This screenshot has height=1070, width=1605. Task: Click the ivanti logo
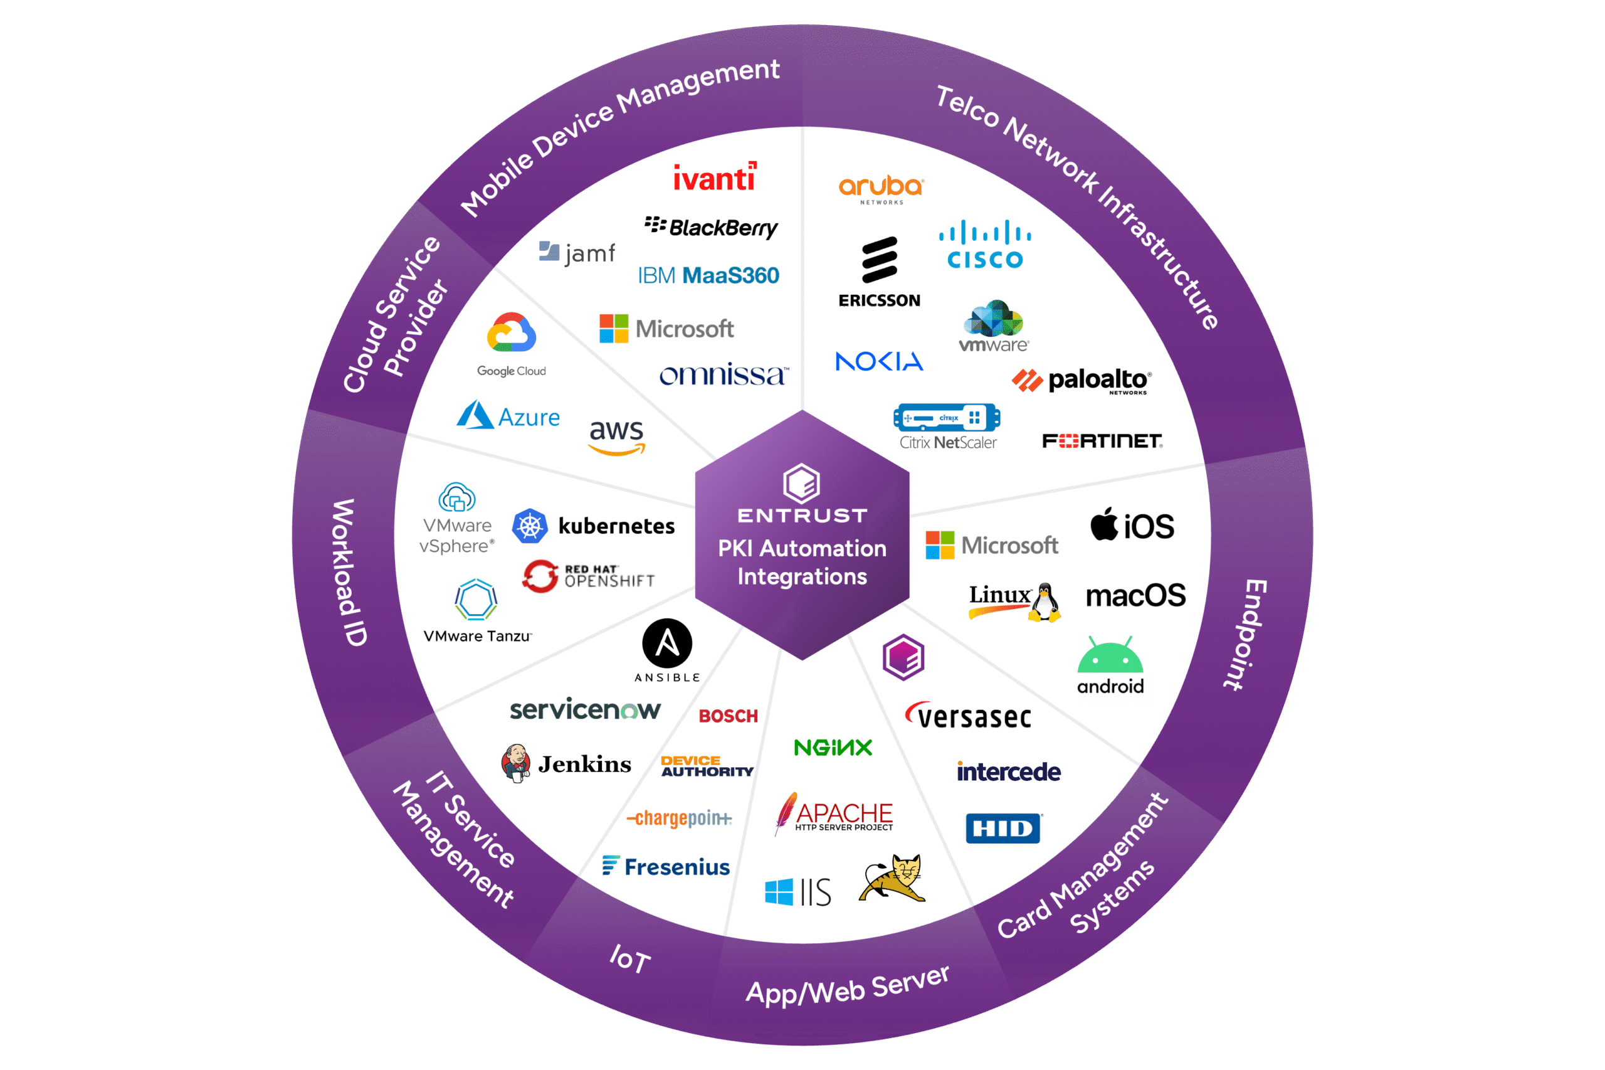(x=714, y=176)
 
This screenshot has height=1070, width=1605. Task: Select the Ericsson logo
(x=879, y=272)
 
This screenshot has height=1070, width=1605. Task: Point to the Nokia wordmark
(x=879, y=361)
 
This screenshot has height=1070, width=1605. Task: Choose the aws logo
(x=617, y=437)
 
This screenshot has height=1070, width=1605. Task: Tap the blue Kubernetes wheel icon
(x=530, y=526)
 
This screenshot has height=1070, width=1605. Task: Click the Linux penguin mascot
(x=1045, y=602)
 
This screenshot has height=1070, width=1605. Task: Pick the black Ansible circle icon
(x=667, y=644)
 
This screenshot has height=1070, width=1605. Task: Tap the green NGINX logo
(x=833, y=747)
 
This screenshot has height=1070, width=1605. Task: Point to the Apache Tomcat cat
(x=893, y=878)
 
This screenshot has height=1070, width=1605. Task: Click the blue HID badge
(x=1002, y=829)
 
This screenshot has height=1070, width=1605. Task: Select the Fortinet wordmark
(x=1102, y=442)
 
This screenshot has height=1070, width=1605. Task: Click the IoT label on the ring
(x=629, y=959)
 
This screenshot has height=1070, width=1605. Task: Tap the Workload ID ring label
(x=352, y=573)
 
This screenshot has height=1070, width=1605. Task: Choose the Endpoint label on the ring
(x=1246, y=635)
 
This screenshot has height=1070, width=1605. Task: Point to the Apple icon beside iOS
(x=1104, y=524)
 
